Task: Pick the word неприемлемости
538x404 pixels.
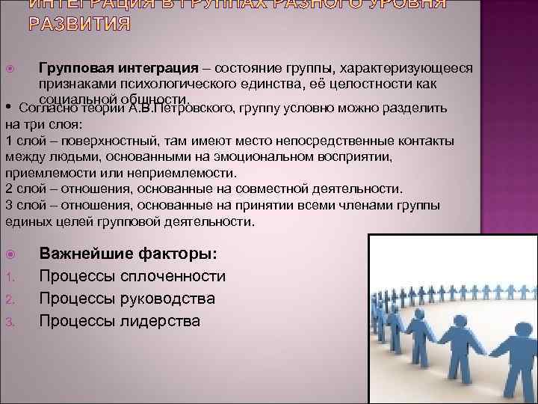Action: pyautogui.click(x=150, y=173)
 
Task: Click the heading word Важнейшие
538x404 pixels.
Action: pyautogui.click(x=81, y=254)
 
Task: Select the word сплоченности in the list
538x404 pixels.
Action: pyautogui.click(x=180, y=276)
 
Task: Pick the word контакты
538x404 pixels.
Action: pyautogui.click(x=423, y=141)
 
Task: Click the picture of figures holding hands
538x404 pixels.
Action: pyautogui.click(x=452, y=318)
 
